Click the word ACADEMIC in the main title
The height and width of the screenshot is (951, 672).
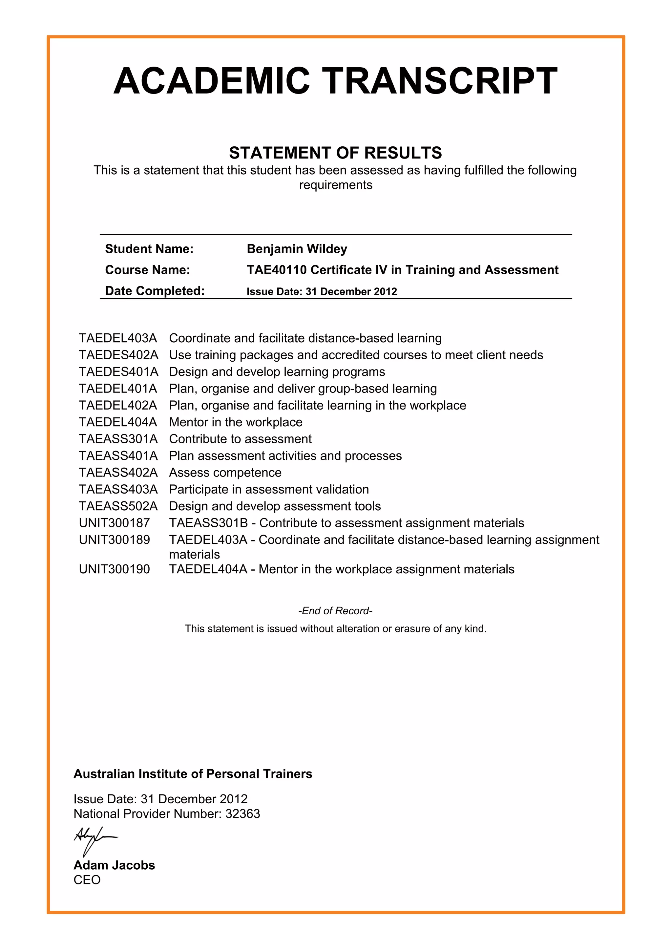[212, 81]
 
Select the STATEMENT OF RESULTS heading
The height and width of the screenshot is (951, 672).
[335, 153]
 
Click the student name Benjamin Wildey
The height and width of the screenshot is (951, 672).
[297, 249]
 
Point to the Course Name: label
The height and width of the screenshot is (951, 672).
[147, 270]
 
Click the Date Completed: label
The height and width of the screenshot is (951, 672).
[155, 291]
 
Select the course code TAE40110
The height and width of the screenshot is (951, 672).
[277, 270]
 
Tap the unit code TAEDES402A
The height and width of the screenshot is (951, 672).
[118, 355]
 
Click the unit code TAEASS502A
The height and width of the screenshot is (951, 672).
[118, 506]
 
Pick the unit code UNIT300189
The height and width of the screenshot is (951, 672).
[114, 540]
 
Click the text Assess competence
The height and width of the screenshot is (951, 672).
[225, 473]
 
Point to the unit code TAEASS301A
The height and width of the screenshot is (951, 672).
[118, 439]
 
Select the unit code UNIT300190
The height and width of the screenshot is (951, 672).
[114, 569]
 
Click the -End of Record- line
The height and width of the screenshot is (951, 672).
[335, 611]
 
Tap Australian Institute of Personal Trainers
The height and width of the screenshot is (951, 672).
[193, 774]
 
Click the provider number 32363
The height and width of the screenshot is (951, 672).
[242, 814]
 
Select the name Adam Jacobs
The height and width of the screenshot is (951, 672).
[114, 865]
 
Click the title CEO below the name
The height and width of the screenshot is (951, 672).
[87, 880]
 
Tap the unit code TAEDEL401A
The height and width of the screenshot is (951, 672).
[118, 389]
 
